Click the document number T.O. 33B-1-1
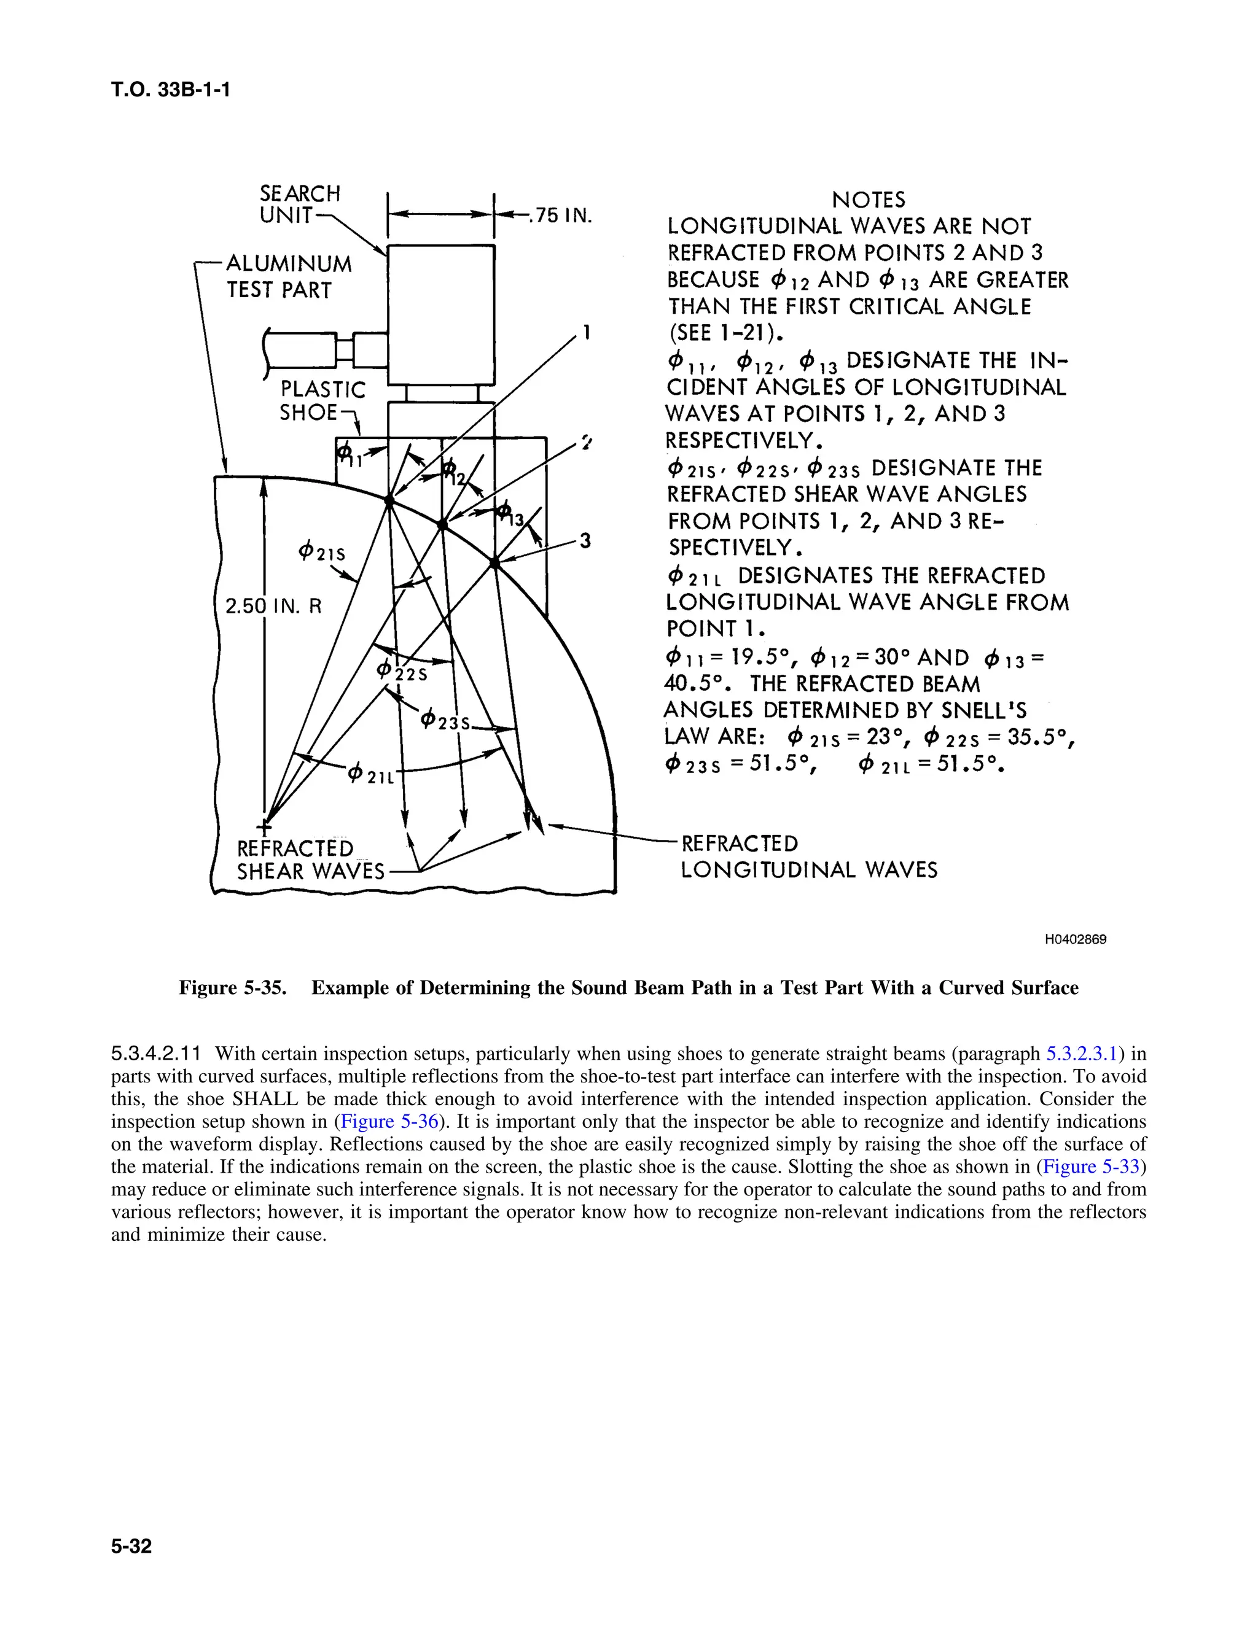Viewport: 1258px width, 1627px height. click(x=171, y=90)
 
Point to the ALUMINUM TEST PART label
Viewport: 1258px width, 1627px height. click(x=289, y=276)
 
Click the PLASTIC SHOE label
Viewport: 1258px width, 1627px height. click(x=321, y=401)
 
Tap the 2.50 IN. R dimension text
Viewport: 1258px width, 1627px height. click(x=273, y=605)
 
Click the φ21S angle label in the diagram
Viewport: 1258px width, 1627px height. click(x=321, y=552)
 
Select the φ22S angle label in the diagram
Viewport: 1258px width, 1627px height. click(x=402, y=670)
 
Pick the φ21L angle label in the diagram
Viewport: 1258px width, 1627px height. click(x=370, y=774)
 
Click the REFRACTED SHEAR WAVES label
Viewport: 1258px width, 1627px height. click(x=310, y=860)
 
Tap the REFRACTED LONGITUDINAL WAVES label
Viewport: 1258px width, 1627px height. click(x=808, y=856)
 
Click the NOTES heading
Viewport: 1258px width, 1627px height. click(x=868, y=200)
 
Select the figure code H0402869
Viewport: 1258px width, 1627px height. click(x=1075, y=939)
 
